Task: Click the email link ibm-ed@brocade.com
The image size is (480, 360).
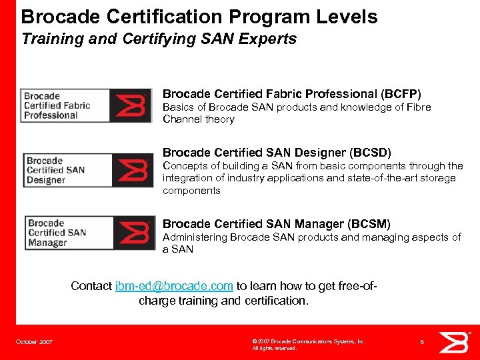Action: click(x=174, y=286)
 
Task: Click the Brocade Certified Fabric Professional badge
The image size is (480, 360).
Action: click(x=86, y=105)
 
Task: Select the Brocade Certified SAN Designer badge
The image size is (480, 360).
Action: click(x=89, y=170)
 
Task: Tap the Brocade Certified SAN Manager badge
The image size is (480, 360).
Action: click(x=90, y=233)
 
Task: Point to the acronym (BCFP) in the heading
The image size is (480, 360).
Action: click(x=401, y=94)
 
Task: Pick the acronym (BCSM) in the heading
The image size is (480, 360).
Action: click(x=369, y=224)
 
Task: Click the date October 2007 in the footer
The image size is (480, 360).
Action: click(x=35, y=342)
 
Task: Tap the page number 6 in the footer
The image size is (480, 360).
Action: click(x=422, y=341)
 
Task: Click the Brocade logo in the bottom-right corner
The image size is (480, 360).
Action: click(x=457, y=341)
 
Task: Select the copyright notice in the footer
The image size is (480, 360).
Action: click(x=308, y=345)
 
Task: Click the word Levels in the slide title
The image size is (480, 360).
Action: click(x=346, y=17)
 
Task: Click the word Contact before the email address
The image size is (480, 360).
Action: click(x=91, y=286)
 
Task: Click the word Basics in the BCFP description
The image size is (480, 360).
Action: click(x=178, y=107)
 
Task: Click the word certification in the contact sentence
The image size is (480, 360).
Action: click(x=275, y=301)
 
